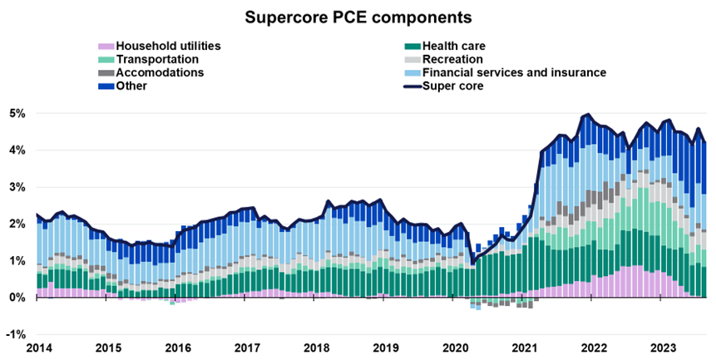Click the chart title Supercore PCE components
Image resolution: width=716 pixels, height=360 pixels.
pos(358,17)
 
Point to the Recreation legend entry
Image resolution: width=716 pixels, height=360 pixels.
pos(452,59)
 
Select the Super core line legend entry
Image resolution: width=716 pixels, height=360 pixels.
pos(452,86)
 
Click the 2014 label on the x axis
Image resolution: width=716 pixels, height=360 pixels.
pos(37,348)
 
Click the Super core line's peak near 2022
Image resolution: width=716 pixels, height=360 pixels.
pos(589,115)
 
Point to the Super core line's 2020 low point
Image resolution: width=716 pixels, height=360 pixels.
pos(472,264)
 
